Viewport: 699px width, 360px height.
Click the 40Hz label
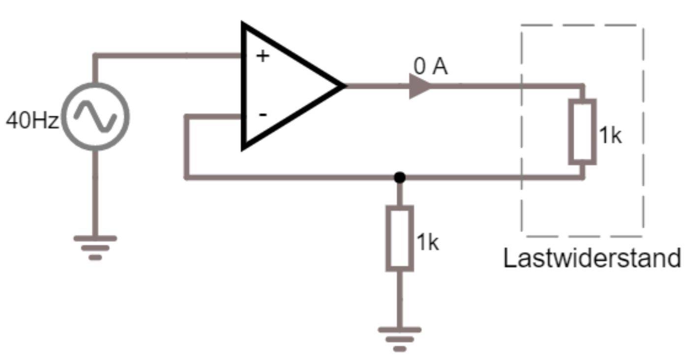tap(32, 120)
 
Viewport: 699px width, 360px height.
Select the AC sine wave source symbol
tap(96, 117)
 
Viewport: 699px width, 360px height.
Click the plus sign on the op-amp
tap(263, 56)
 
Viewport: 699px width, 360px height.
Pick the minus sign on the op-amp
tap(263, 115)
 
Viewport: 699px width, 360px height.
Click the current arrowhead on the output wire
tap(420, 86)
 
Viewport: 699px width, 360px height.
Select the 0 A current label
tap(431, 68)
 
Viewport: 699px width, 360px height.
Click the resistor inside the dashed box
tap(582, 131)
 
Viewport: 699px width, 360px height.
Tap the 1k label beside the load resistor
tap(610, 135)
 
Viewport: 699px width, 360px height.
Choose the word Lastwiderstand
tap(592, 258)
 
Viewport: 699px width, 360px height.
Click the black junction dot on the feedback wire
tap(400, 177)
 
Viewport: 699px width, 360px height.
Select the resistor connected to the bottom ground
tap(400, 239)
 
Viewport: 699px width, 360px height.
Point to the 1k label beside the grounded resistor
tap(427, 242)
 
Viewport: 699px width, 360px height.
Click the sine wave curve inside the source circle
tap(96, 117)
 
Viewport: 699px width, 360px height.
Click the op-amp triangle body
tap(285, 86)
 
